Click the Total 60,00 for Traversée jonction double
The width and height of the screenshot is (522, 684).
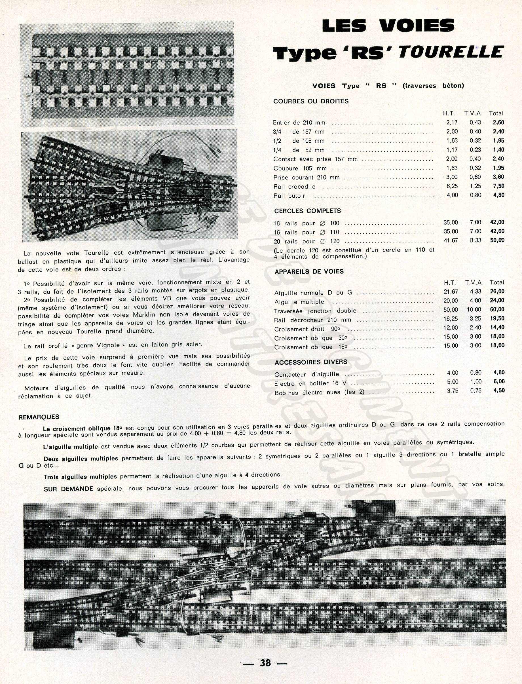coord(497,309)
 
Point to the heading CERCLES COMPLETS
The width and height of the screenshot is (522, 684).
coord(307,211)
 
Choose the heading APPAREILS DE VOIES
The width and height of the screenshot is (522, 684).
coord(309,271)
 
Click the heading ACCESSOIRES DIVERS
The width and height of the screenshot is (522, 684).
coord(310,362)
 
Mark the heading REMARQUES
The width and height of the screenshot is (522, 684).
coord(39,417)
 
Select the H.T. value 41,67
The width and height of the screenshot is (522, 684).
coord(450,240)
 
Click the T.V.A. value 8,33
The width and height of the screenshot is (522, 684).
coord(475,240)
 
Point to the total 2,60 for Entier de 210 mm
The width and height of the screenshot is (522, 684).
coord(498,123)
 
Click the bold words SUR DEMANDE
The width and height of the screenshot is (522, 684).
coord(68,489)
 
